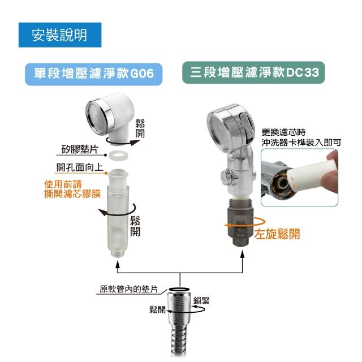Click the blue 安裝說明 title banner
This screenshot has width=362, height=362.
60,35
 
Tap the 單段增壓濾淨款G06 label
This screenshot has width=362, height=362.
93,74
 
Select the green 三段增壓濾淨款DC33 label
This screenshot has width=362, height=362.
253,72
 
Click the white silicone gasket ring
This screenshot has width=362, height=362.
118,156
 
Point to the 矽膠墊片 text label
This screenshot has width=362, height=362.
80,149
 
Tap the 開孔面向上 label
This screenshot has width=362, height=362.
79,167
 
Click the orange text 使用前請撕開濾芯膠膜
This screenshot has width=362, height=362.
72,189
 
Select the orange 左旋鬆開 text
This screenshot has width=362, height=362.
277,234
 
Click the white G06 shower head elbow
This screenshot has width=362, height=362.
110,118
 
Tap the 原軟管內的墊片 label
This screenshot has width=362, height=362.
128,289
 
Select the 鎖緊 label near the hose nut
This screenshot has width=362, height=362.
201,300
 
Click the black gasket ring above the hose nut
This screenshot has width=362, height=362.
179,289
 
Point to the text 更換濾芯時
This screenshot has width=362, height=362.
283,132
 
